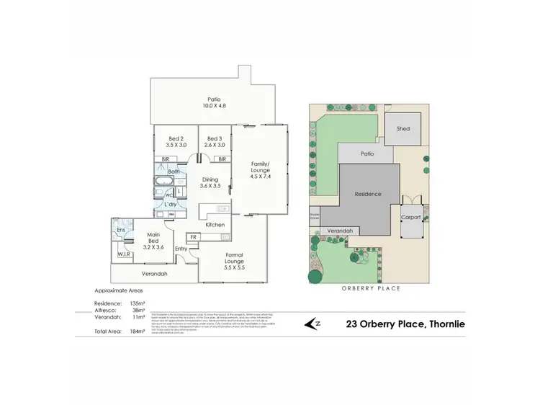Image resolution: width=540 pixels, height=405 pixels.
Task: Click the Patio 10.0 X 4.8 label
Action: pos(214,102)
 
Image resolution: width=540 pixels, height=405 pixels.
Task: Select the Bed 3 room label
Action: pos(213,142)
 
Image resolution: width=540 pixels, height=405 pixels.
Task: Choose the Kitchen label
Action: pos(216,225)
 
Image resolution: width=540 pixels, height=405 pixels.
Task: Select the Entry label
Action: pos(181,249)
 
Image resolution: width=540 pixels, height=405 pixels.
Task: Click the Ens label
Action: pos(121,230)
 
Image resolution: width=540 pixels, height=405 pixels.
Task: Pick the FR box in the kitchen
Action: pos(192,236)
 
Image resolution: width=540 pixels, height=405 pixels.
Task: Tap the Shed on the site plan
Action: pos(404,128)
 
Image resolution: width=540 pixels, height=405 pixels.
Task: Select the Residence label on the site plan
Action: pos(368,195)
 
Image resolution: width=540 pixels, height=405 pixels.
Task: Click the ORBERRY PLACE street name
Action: pos(371,288)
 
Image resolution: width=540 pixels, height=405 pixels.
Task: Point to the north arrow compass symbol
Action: pos(314,324)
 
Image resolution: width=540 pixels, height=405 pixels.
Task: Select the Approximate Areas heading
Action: pos(120,290)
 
